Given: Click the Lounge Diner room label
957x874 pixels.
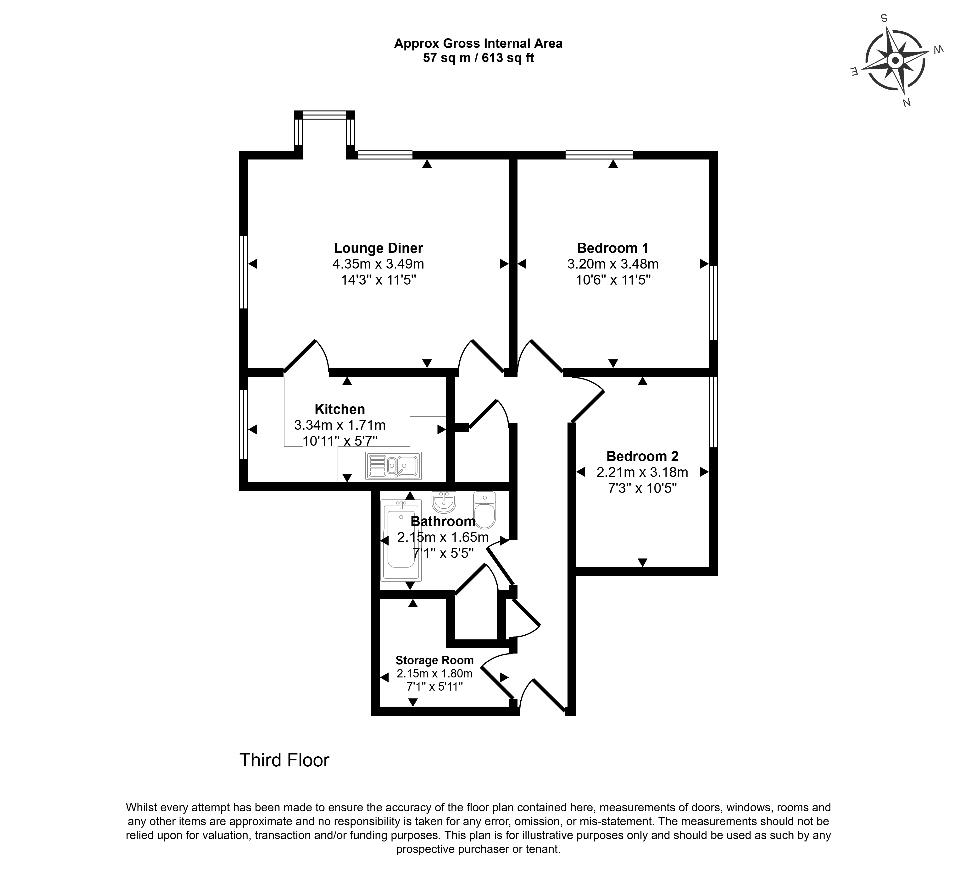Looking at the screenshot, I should [x=378, y=248].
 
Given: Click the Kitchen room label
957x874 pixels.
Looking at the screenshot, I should [x=340, y=409].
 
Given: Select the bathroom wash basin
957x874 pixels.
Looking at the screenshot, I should [x=444, y=502].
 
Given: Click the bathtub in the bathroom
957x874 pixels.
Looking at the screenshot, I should [x=401, y=541].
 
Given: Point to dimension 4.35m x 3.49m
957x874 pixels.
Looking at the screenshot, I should [x=378, y=264].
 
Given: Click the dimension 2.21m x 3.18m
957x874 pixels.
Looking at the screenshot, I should [x=642, y=472].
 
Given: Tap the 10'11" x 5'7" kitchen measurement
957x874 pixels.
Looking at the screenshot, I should [x=340, y=441].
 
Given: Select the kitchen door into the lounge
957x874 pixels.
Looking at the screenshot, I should [x=306, y=357].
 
